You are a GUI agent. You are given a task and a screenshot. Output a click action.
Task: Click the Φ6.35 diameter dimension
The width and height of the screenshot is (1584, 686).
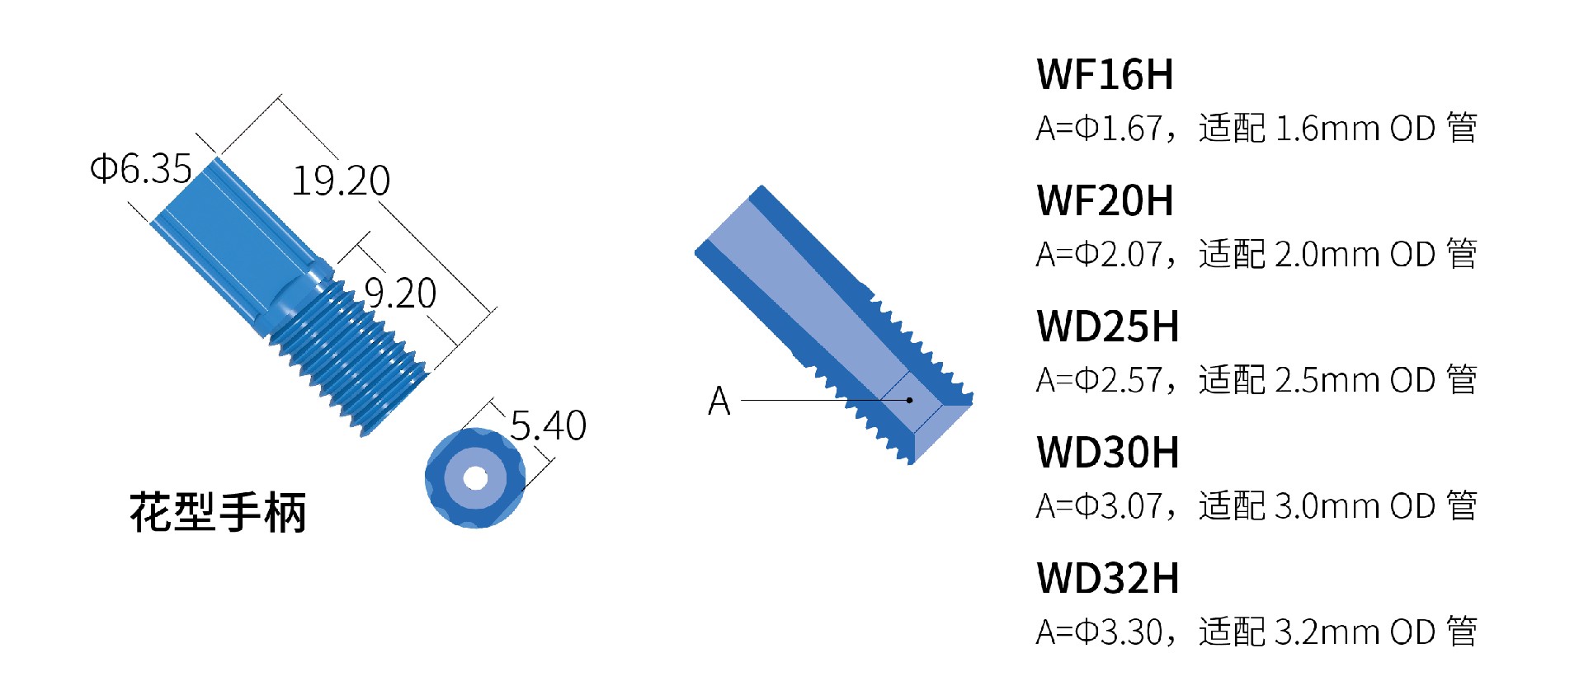141,169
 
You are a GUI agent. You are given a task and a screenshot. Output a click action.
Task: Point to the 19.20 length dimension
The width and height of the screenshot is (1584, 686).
341,181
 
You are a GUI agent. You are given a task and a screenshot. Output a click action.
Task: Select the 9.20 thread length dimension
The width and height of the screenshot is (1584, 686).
400,294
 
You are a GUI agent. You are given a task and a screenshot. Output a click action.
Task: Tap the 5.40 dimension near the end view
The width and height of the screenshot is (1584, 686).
548,426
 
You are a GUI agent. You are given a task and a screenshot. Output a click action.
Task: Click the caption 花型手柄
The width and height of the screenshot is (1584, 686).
218,513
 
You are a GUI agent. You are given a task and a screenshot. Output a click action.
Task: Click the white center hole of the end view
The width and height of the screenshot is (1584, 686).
475,477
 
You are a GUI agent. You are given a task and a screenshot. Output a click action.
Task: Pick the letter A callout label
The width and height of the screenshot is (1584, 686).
719,402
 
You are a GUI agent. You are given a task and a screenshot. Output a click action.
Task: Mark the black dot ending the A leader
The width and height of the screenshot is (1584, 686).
909,401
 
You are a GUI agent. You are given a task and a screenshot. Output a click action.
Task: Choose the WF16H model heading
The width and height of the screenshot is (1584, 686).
1105,75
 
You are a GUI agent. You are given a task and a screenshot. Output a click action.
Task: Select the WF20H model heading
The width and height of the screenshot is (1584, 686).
1105,201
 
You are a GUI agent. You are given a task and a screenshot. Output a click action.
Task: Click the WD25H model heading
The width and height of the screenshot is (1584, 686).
1108,327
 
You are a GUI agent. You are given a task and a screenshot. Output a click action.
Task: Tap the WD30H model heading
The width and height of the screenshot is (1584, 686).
1108,453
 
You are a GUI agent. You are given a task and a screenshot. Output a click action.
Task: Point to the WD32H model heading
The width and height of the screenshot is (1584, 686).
1108,579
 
